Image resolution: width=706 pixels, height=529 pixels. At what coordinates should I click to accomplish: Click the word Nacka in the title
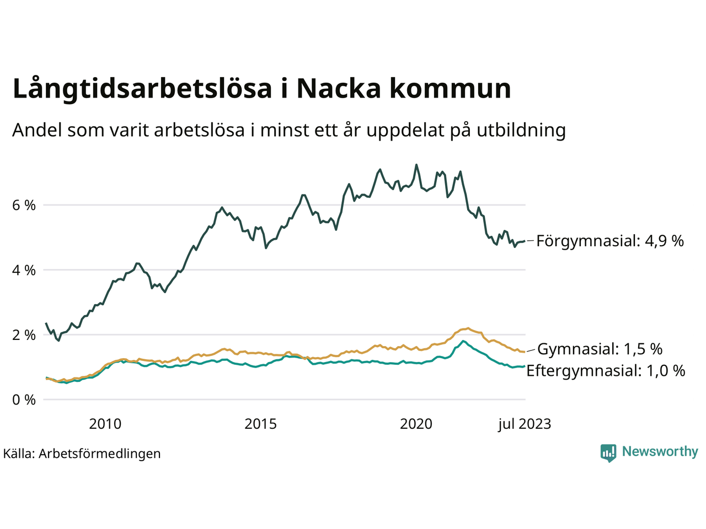[339, 89]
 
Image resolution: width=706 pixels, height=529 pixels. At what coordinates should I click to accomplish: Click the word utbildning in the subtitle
[521, 131]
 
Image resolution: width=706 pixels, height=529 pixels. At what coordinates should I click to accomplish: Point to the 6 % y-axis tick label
[24, 206]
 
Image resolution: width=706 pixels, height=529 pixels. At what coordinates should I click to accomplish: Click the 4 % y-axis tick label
[24, 271]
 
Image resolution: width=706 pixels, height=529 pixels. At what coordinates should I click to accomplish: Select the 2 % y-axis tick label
[24, 335]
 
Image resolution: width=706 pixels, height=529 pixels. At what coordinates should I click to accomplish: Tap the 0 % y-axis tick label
[24, 400]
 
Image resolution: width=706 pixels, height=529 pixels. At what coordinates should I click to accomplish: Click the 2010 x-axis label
[105, 424]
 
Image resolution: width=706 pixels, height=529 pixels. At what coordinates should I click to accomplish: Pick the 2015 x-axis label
[261, 424]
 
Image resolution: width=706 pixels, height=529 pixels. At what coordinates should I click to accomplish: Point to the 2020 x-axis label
[416, 424]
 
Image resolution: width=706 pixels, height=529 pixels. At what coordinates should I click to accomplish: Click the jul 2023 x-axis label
[524, 424]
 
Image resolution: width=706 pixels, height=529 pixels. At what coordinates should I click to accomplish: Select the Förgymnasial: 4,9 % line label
[610, 241]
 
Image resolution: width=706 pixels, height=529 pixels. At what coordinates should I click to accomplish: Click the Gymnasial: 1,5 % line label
[600, 349]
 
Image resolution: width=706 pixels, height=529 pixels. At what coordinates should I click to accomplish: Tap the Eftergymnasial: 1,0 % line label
[606, 371]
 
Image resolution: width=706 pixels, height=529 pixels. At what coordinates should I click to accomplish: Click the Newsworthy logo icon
[608, 452]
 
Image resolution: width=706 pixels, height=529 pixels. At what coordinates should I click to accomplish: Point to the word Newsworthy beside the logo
[660, 452]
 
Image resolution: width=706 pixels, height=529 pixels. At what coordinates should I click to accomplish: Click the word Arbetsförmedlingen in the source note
[100, 454]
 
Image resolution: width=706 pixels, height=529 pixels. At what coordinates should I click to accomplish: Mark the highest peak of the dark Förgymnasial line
[416, 165]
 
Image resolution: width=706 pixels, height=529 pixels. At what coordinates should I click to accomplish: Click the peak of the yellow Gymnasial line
[468, 328]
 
